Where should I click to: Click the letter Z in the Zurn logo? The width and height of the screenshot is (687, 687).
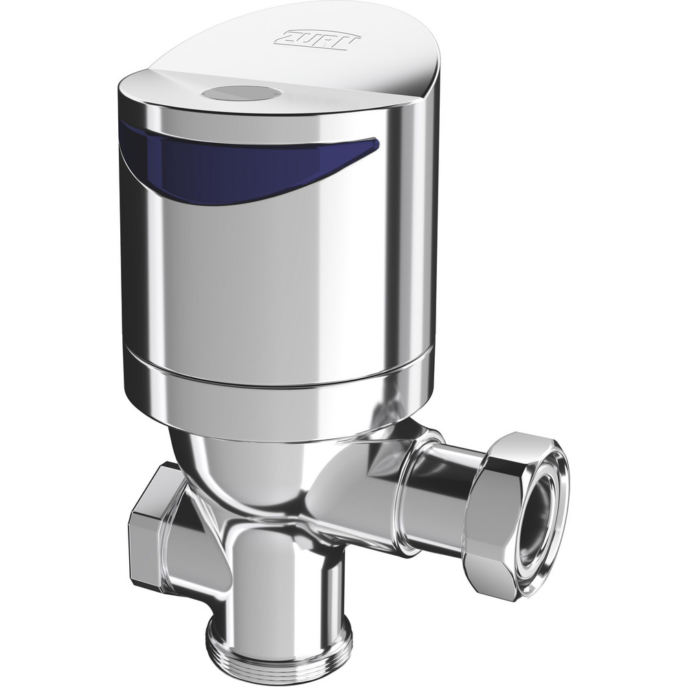coord(284,39)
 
